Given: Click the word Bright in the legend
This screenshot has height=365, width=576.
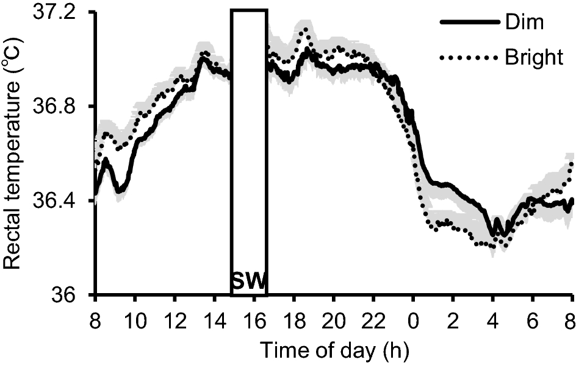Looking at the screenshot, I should click(x=534, y=58).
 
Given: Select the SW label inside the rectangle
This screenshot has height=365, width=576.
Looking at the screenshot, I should click(x=248, y=282).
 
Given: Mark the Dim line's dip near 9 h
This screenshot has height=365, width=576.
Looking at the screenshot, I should click(x=118, y=191).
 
